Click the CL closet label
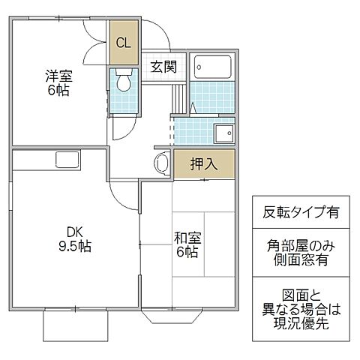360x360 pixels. tap(122, 43)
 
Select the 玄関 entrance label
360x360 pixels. tap(163, 66)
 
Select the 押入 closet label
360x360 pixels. tap(203, 164)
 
